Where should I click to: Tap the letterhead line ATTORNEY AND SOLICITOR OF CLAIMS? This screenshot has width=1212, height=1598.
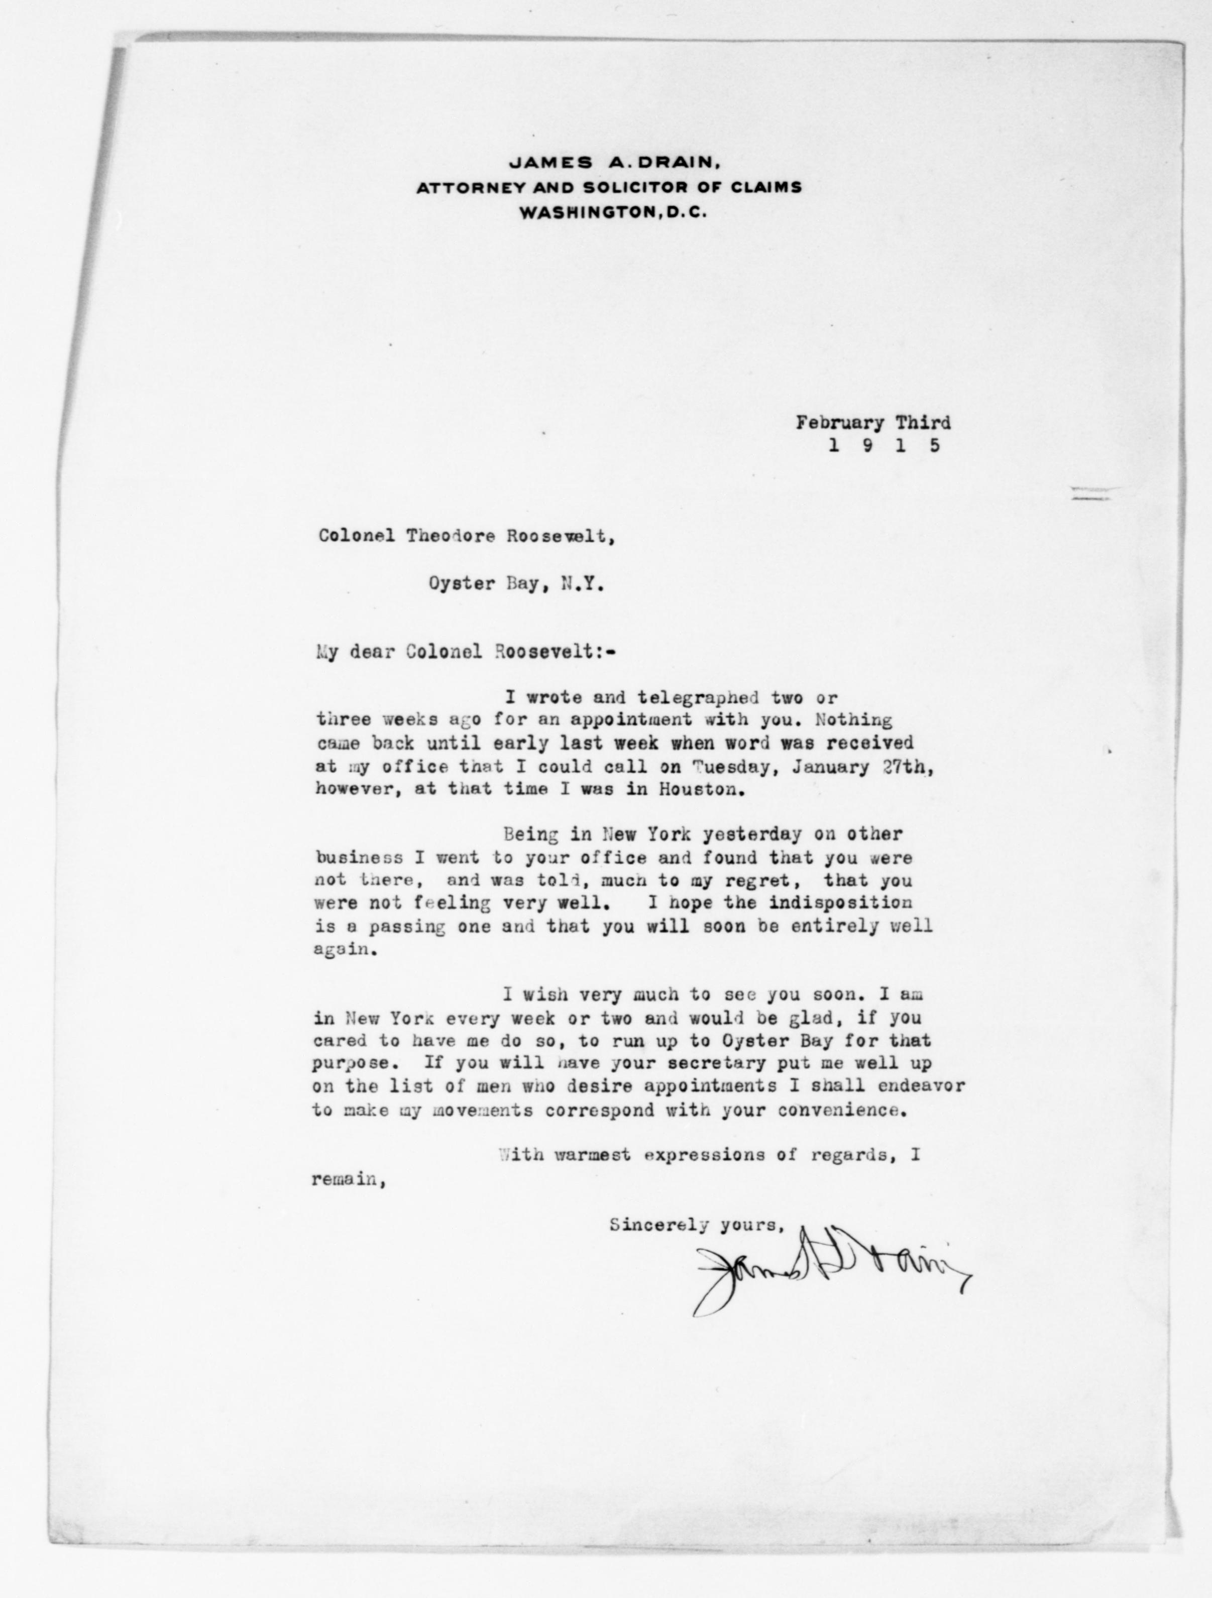(x=609, y=188)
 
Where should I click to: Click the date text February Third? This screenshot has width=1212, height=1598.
(x=873, y=423)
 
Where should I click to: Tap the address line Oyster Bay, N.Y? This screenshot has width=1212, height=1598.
(x=516, y=584)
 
